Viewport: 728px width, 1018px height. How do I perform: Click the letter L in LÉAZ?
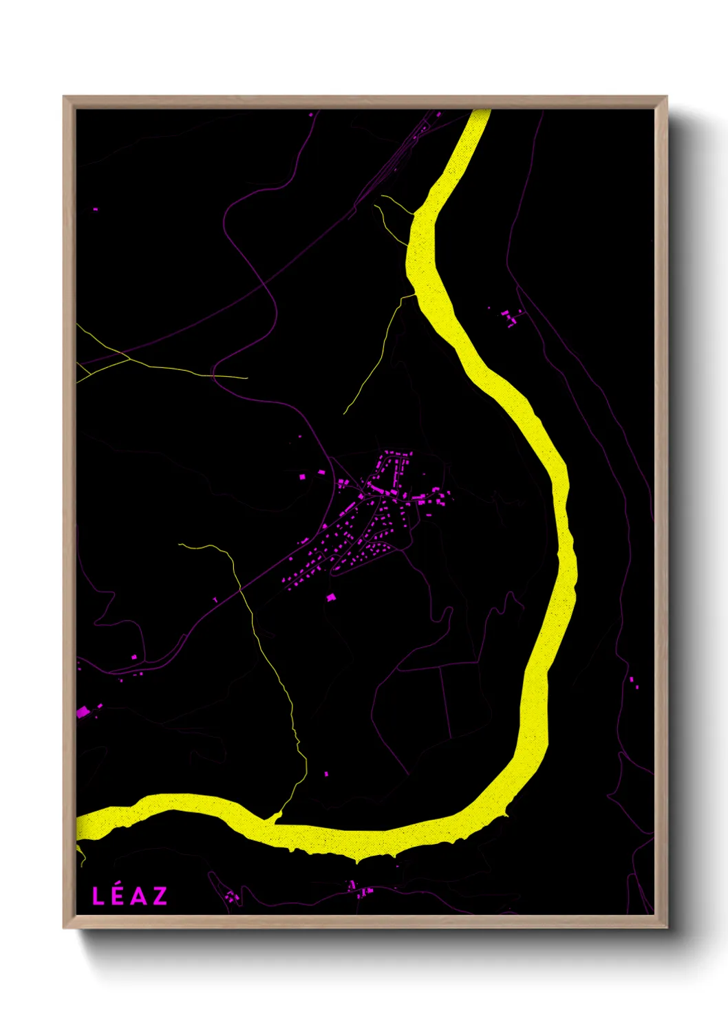pyautogui.click(x=98, y=896)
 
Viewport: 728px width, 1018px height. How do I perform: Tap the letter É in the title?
pyautogui.click(x=117, y=896)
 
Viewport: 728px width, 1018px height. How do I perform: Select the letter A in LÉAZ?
pyautogui.click(x=138, y=896)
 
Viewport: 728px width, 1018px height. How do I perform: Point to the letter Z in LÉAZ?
pyautogui.click(x=160, y=896)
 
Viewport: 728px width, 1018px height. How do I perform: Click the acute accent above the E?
pyautogui.click(x=118, y=886)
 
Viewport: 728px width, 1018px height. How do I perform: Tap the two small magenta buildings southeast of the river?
pyautogui.click(x=633, y=682)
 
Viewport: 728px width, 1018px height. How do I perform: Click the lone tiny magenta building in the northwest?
pyautogui.click(x=95, y=209)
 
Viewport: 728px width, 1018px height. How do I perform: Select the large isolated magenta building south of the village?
pyautogui.click(x=330, y=597)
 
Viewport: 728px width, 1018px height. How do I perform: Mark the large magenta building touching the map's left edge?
pyautogui.click(x=83, y=712)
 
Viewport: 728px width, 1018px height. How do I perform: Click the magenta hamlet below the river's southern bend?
pyautogui.click(x=359, y=890)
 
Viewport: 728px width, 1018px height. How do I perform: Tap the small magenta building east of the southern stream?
pyautogui.click(x=326, y=774)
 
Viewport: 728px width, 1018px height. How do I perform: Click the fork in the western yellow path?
pyautogui.click(x=128, y=358)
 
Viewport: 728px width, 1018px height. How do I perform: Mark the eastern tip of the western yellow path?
pyautogui.click(x=246, y=378)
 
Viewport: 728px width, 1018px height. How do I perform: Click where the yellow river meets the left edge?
pyautogui.click(x=78, y=827)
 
